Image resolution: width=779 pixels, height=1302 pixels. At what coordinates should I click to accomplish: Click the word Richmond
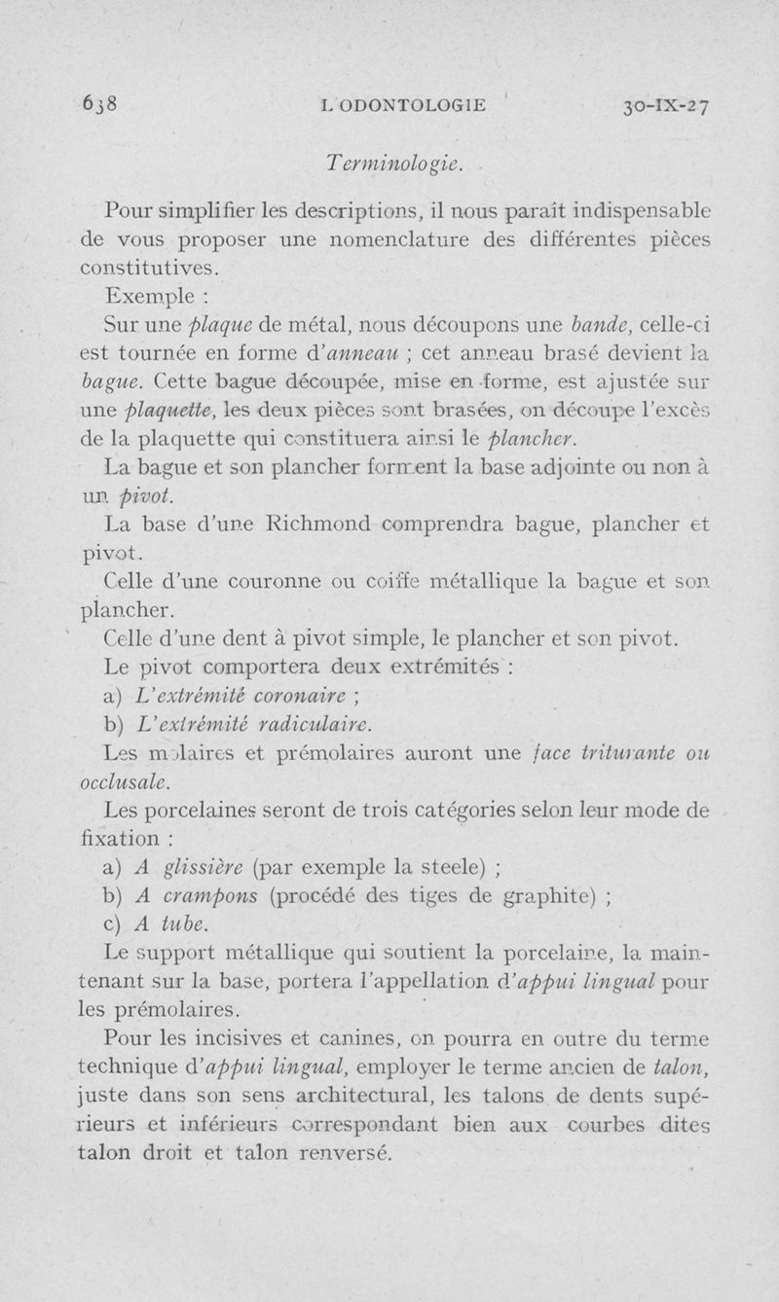pos(315,527)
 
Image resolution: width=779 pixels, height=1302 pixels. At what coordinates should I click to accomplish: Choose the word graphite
pos(545,895)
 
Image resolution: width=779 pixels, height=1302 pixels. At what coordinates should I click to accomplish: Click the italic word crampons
pos(210,895)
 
